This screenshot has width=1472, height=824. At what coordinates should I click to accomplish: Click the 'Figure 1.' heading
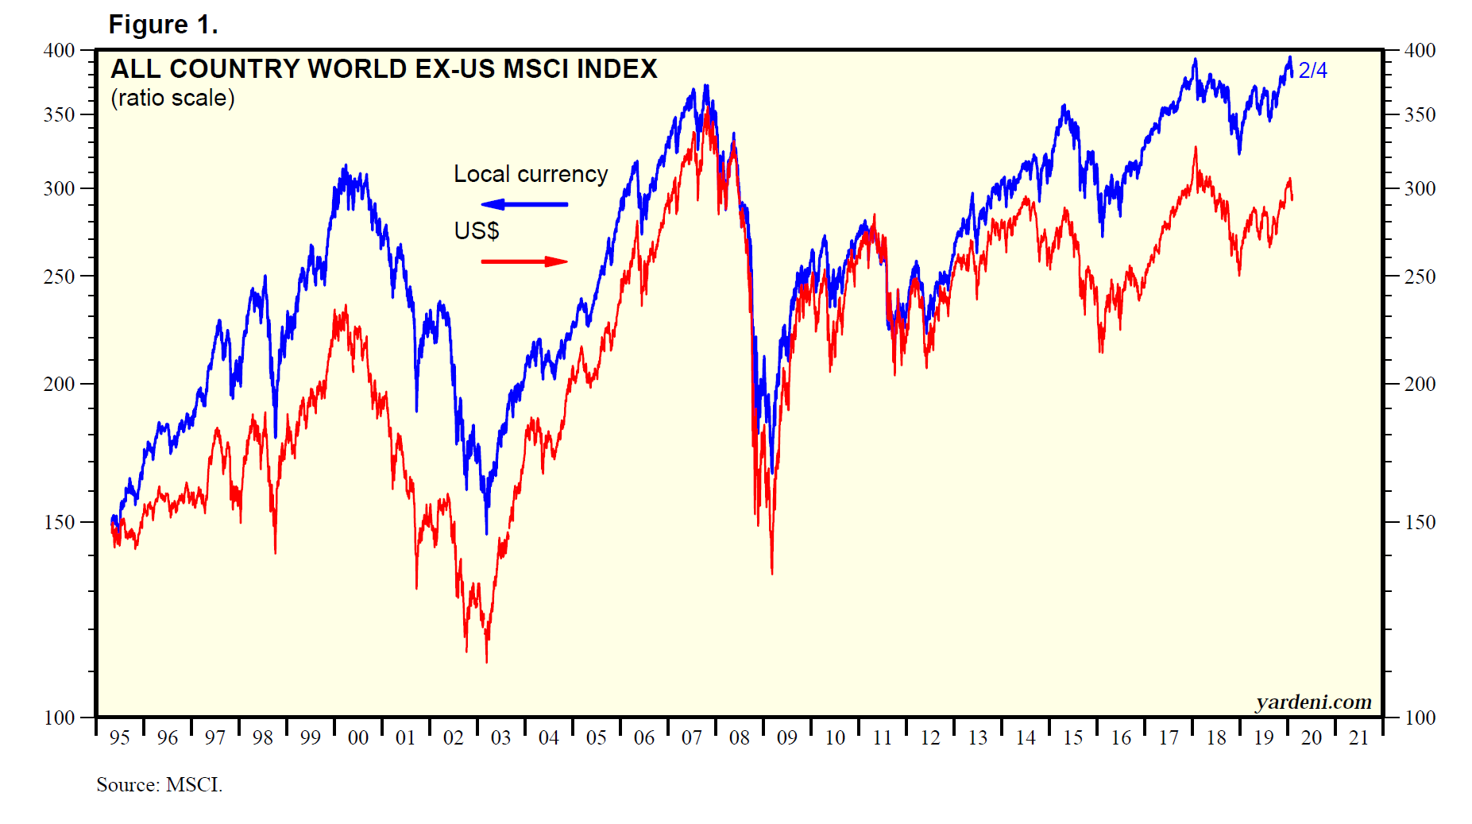163,25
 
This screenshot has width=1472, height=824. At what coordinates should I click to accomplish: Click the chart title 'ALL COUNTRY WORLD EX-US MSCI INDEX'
384,69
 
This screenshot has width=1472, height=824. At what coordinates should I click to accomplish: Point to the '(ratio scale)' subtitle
172,98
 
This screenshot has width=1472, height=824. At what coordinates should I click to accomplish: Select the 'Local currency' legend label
530,174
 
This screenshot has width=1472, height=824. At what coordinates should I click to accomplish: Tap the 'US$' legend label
476,230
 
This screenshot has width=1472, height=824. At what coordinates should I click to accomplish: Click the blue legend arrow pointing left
524,204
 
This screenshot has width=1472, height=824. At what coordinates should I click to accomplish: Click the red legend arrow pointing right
524,261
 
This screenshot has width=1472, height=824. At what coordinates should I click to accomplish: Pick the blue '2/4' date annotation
1312,71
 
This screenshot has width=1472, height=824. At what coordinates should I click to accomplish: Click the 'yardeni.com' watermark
1313,702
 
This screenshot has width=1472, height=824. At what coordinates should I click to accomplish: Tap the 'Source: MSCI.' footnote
159,785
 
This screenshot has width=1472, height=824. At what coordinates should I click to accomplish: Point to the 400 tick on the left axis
59,50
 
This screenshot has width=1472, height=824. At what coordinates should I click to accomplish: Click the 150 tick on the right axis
1420,522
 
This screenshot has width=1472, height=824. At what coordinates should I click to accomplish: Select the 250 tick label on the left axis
59,277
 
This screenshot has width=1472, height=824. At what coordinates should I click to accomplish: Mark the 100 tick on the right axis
1420,718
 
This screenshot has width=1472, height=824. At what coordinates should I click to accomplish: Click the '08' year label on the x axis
739,738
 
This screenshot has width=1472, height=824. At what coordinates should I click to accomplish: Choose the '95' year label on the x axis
119,738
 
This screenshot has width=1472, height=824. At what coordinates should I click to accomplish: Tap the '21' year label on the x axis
1358,738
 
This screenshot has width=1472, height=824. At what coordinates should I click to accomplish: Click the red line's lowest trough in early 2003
486,661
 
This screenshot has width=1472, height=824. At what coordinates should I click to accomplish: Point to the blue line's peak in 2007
705,85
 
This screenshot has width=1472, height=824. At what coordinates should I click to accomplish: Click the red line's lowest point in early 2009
771,573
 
